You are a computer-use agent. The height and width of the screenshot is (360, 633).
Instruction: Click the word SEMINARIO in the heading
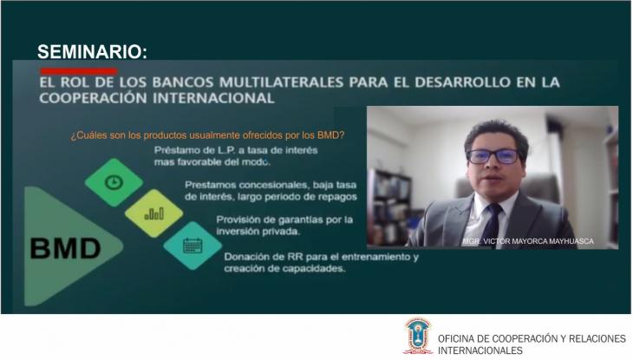(x=92, y=52)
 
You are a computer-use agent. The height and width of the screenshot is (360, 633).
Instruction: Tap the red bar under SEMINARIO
(x=79, y=71)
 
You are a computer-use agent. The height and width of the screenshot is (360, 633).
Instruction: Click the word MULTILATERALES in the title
(x=281, y=82)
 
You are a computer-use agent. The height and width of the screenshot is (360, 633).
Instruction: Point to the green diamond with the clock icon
(x=114, y=182)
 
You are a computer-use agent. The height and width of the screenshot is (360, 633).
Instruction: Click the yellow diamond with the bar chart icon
(x=153, y=213)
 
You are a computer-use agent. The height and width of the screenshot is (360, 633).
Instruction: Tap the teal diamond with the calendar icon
(x=193, y=245)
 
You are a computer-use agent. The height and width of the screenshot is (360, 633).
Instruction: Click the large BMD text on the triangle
(x=65, y=248)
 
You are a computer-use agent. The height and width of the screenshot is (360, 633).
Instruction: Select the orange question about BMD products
(x=207, y=135)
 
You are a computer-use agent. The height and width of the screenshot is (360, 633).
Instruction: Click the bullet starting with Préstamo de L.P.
(x=236, y=156)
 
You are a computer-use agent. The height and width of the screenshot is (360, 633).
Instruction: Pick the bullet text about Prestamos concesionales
(x=271, y=191)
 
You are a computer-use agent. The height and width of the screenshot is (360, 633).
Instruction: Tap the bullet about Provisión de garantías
(x=284, y=226)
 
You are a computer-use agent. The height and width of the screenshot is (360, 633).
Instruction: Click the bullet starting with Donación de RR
(x=322, y=262)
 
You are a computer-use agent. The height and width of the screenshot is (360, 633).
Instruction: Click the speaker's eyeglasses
(x=493, y=156)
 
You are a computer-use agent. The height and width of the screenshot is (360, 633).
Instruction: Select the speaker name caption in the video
(x=528, y=241)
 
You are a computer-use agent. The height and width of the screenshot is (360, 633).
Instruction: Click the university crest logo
(x=417, y=336)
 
